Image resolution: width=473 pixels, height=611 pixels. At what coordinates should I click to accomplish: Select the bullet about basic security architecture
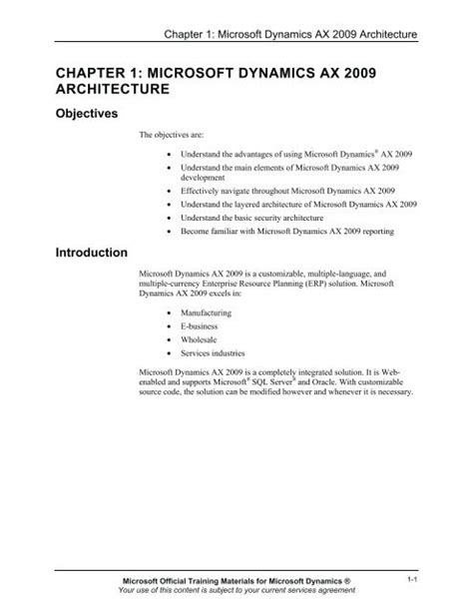tap(261, 218)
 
